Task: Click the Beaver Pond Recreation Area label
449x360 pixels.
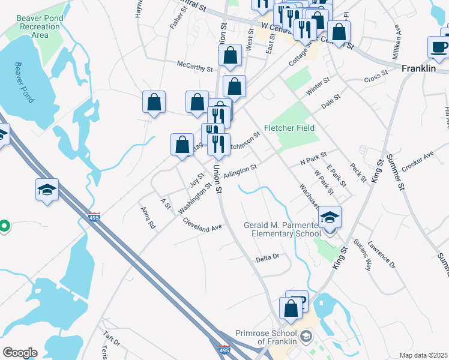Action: pyautogui.click(x=40, y=26)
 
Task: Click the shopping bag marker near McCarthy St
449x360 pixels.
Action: pyautogui.click(x=231, y=56)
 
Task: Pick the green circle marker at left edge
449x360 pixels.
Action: pyautogui.click(x=4, y=226)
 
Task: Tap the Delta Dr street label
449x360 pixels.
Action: pyautogui.click(x=268, y=257)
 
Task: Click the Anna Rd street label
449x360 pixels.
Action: pyautogui.click(x=148, y=218)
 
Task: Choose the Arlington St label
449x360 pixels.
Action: pyautogui.click(x=240, y=171)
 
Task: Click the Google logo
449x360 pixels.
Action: pyautogui.click(x=20, y=353)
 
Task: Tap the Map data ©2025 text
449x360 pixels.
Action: pyautogui.click(x=423, y=355)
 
